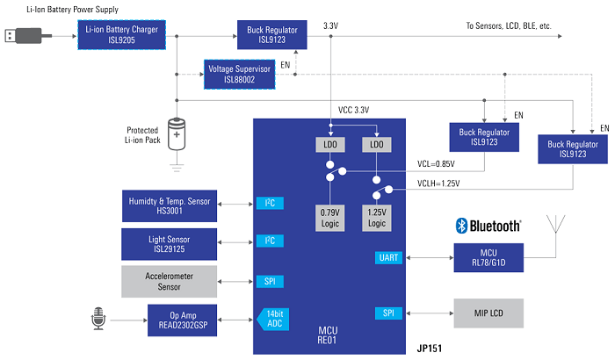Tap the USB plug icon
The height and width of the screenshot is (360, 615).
[23, 36]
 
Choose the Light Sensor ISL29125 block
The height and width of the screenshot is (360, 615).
[170, 244]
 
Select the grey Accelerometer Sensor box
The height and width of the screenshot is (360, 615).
[170, 281]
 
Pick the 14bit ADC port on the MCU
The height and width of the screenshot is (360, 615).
[271, 317]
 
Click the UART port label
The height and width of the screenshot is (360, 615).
[388, 257]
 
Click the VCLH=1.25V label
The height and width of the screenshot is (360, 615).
[438, 184]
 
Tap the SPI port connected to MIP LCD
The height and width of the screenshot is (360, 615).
[388, 313]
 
